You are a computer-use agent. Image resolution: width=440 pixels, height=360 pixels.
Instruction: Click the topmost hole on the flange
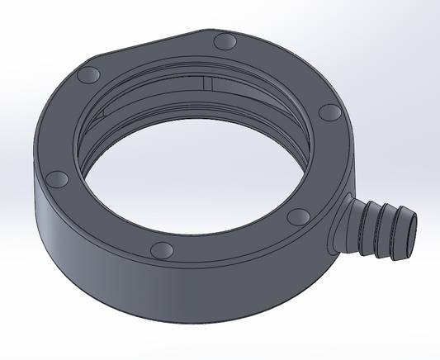tap(224, 41)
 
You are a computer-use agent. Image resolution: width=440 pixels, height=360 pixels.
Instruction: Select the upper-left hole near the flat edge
tap(87, 76)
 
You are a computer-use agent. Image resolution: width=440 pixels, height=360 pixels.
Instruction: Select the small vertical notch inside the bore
tap(209, 83)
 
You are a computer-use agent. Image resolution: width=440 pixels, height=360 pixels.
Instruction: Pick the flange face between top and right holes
tap(285, 70)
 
